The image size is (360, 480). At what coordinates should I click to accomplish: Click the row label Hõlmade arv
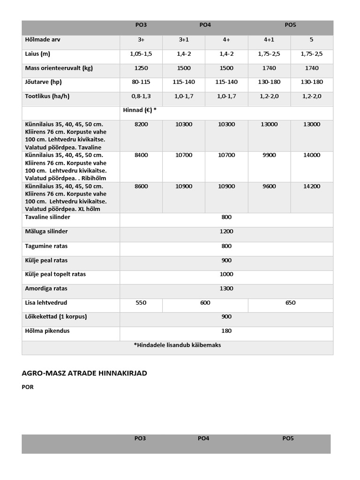pos(43,40)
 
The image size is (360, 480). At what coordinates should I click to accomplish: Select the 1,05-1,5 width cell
pos(141,54)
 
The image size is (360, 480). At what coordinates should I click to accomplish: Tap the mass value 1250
pos(141,68)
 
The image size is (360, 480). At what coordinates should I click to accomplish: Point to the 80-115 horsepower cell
pos(141,82)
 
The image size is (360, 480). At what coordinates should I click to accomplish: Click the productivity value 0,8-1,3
pos(141,96)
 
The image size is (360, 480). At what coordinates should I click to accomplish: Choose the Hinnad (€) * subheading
pos(139,110)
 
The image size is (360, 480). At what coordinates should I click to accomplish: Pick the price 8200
pos(141,124)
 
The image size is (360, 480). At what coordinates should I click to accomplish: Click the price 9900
pos(269,155)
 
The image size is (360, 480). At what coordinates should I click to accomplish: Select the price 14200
pos(312,186)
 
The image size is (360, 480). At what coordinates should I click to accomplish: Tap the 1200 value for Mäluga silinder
pos(226,232)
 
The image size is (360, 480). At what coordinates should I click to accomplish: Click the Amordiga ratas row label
pos(47,288)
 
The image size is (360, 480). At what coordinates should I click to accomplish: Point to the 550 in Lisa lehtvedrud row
pos(141,303)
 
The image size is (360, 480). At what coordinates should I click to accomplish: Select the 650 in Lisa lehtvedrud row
pos(290,303)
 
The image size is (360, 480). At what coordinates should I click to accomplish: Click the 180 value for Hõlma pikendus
pos(226,331)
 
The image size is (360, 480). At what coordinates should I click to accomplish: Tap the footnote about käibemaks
pos(177,345)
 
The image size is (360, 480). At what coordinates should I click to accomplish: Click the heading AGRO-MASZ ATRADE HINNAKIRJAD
pos(84,373)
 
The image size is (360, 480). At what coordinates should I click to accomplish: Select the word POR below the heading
pos(28,387)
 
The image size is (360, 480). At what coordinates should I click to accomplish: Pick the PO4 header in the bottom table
pos(203,439)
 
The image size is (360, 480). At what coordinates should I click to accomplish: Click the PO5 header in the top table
pos(290,25)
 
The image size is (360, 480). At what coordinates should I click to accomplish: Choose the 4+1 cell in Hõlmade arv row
pos(269,40)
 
